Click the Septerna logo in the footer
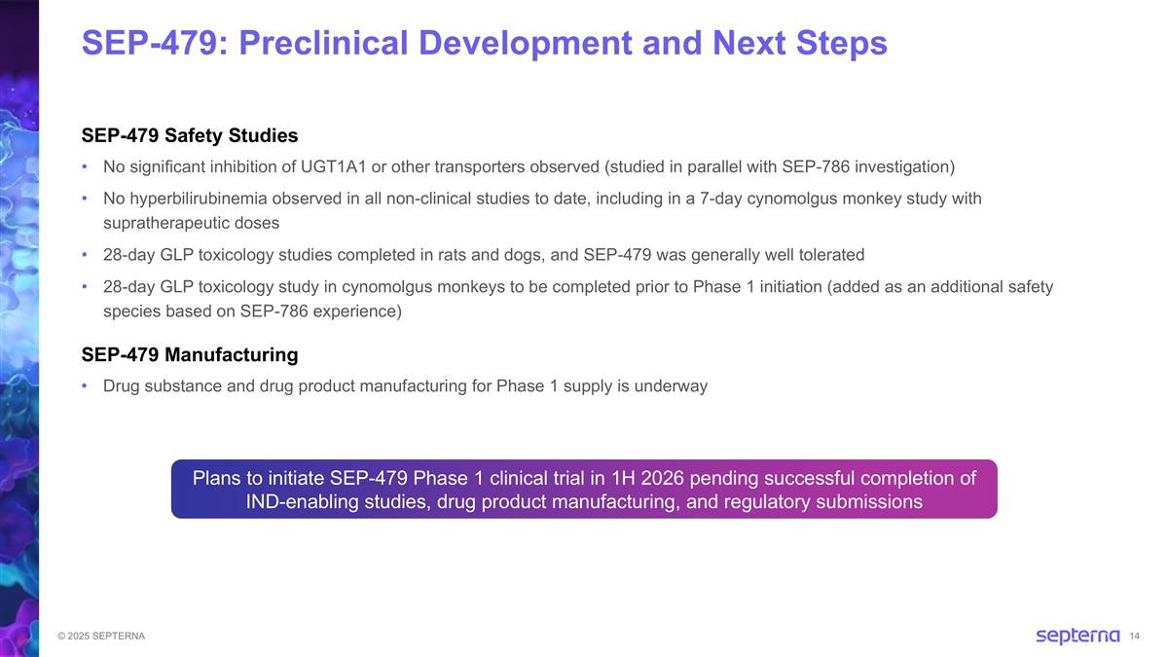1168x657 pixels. coord(1077,636)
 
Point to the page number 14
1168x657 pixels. coord(1135,637)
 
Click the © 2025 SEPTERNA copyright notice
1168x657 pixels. coord(101,637)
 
